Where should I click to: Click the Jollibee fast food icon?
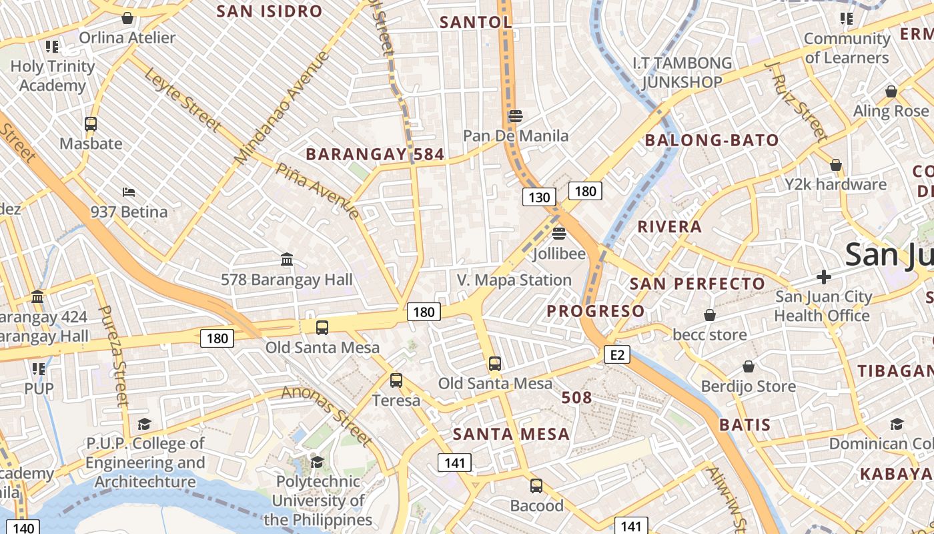559,234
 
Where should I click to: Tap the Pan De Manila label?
516,136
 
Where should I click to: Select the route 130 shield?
538,197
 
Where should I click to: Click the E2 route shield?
617,354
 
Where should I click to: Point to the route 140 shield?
23,528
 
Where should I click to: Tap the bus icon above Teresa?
396,380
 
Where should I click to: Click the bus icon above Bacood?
536,486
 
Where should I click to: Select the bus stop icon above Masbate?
91,123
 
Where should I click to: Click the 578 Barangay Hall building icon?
287,259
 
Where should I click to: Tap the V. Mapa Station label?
514,280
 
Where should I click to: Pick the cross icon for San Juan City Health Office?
824,276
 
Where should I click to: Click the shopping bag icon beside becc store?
710,314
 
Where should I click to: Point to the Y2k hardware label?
835,184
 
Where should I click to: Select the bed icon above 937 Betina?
129,192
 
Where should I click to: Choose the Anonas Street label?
326,415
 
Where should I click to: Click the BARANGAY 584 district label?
375,155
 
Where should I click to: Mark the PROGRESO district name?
596,311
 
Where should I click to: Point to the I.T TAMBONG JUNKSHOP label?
682,72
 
